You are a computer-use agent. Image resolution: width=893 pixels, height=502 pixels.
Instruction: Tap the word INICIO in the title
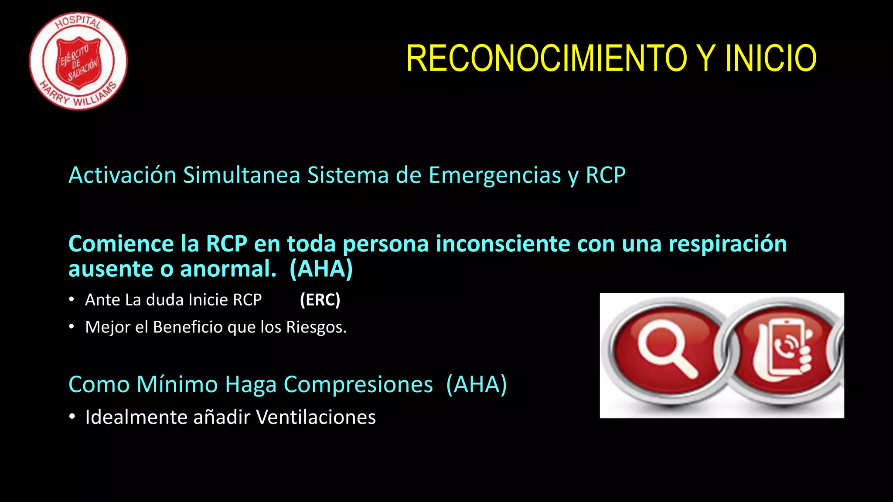pos(770,58)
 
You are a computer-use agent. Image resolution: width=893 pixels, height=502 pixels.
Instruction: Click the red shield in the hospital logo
pos(79,62)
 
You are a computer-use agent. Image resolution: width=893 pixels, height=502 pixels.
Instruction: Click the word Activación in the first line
pos(123,175)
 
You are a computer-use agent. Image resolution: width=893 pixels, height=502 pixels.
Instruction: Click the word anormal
pos(228,269)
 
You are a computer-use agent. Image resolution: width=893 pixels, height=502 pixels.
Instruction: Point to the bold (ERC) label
pos(320,300)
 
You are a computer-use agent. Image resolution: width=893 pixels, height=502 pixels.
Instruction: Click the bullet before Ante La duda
pos(72,300)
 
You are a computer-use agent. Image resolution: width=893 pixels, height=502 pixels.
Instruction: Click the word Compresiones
pos(358,384)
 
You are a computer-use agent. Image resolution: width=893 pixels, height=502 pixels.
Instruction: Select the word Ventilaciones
pos(316,417)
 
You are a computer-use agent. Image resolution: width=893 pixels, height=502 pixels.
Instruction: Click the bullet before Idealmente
pos(72,417)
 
